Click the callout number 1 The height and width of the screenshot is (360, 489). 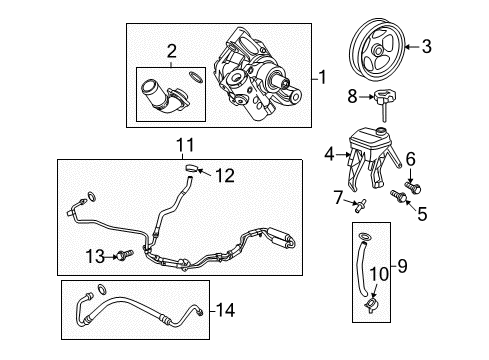322,76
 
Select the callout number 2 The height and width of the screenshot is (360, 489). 171,51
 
